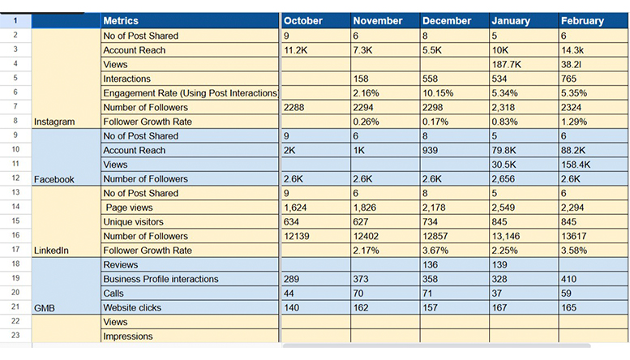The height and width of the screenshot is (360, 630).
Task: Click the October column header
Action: (x=303, y=20)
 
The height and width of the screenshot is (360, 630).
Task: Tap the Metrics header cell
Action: (x=121, y=20)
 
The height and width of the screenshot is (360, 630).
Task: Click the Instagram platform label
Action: (x=54, y=122)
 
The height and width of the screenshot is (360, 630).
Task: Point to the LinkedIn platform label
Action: (x=52, y=251)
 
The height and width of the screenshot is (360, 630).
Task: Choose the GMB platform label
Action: (x=45, y=308)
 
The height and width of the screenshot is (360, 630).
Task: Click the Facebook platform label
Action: (x=54, y=179)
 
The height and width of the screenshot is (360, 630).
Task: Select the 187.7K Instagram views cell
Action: (x=508, y=64)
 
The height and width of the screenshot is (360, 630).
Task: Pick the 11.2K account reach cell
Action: (x=298, y=50)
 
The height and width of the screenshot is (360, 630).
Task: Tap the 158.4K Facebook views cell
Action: (x=579, y=165)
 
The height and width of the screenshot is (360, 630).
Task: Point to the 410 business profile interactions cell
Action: (x=569, y=279)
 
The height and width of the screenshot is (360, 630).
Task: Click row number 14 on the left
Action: (x=15, y=208)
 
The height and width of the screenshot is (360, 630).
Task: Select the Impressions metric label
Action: (x=127, y=336)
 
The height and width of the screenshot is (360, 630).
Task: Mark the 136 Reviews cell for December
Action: (x=432, y=265)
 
